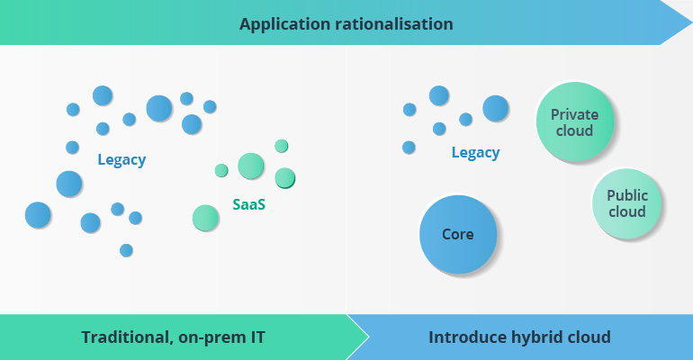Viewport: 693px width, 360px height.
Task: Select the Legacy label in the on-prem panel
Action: [121, 160]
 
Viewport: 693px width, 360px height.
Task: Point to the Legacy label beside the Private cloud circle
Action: [475, 153]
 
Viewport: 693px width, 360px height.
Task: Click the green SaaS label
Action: [248, 204]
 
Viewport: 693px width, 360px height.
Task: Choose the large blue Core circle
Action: [458, 235]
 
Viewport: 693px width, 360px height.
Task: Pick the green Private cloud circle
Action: [573, 122]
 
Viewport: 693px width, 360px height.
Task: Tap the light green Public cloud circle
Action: [626, 203]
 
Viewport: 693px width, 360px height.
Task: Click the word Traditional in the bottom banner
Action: [124, 337]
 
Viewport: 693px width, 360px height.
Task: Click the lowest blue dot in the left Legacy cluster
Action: [126, 250]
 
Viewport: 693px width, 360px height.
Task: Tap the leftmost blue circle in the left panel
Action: [38, 215]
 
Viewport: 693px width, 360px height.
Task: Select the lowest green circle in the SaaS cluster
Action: [205, 218]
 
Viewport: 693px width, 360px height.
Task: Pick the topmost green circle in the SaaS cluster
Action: [282, 146]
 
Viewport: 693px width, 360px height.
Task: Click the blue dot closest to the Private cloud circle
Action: [495, 109]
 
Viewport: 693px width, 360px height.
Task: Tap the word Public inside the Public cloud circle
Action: [626, 195]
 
